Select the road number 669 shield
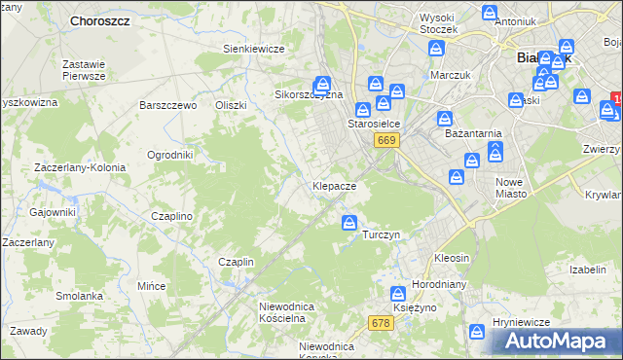point(386,141)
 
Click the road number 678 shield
point(382,322)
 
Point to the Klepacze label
point(334,185)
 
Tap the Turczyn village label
point(381,235)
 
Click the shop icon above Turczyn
point(349,224)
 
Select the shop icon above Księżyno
point(398,293)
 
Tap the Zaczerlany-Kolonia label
point(80,167)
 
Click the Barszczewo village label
point(168,105)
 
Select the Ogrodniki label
point(169,155)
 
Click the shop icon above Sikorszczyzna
point(322,84)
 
